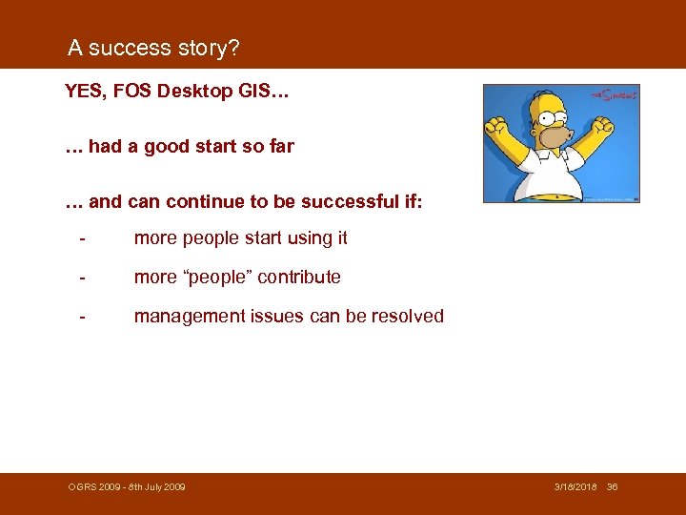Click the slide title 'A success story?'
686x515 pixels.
(x=153, y=48)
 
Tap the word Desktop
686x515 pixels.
(x=203, y=93)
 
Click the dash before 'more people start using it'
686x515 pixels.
(x=84, y=238)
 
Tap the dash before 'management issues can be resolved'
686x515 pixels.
(x=84, y=317)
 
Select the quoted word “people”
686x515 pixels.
(x=220, y=278)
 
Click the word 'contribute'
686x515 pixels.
(x=303, y=278)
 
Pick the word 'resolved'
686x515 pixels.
(x=407, y=317)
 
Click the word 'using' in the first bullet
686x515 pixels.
(x=304, y=238)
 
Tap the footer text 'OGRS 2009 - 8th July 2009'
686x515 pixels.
(x=127, y=487)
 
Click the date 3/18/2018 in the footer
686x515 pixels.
(x=576, y=487)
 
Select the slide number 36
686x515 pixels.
(x=613, y=487)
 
